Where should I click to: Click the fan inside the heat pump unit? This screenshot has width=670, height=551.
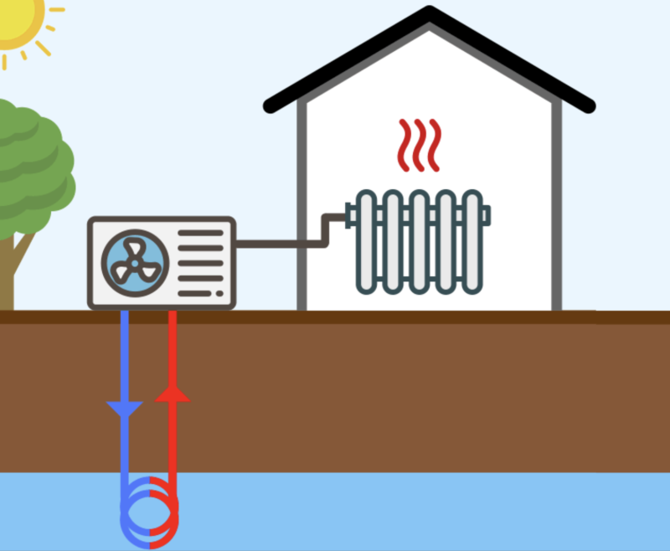(x=135, y=262)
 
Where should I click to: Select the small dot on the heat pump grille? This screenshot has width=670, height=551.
(x=219, y=293)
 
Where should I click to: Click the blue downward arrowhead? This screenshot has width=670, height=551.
(x=125, y=409)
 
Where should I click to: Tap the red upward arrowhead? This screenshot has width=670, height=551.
(x=173, y=393)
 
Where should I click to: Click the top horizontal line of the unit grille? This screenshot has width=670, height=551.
(x=201, y=233)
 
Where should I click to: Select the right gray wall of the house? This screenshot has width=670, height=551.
(x=556, y=209)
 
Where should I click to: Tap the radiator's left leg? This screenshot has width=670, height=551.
(x=367, y=290)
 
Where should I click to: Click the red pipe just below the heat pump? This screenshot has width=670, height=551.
(x=173, y=335)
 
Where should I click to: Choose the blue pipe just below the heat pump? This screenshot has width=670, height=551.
(x=125, y=335)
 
